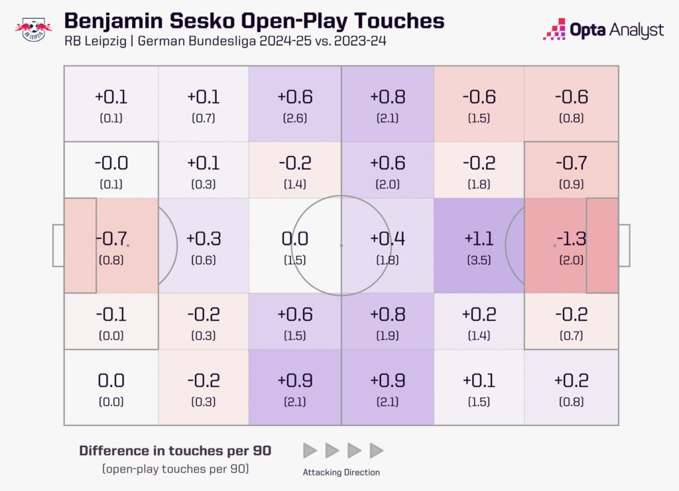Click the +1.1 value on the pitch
pos(479,238)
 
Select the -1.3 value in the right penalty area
pos(571,238)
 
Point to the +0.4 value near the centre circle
pos(387,238)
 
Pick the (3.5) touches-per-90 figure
pos(479,260)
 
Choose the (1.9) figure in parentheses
pos(387,336)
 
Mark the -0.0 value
pos(111,163)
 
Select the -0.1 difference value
pos(111,314)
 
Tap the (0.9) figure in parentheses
pos(571,185)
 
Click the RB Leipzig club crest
pos(34,30)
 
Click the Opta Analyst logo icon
pos(554,29)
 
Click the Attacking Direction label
pos(341,472)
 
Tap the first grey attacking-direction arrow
pos(310,451)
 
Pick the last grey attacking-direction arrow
pos(377,451)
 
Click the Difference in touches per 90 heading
pos(175,451)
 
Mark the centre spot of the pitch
pos(341,245)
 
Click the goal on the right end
pos(624,245)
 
